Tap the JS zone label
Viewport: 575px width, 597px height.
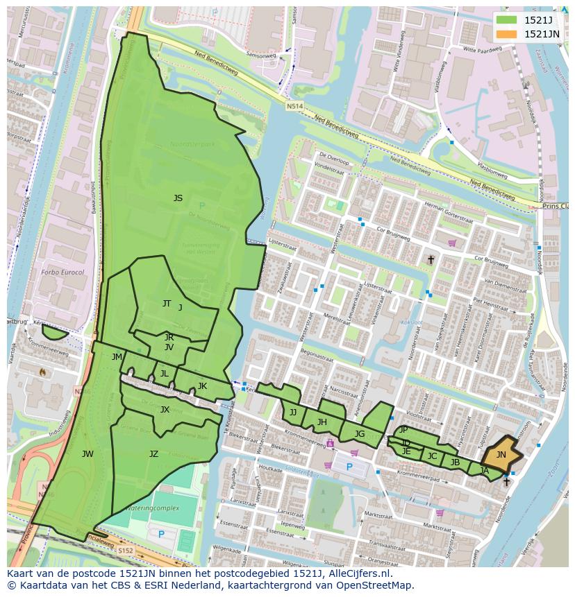[x=178, y=198]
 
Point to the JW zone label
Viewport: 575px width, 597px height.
[x=87, y=454]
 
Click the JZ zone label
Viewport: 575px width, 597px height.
[x=153, y=454]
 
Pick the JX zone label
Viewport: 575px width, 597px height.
[x=165, y=410]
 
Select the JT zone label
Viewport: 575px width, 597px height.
[x=167, y=304]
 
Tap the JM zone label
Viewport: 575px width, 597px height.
[x=117, y=357]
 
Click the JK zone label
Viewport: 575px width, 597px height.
[x=202, y=386]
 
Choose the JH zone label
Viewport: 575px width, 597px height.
[x=322, y=422]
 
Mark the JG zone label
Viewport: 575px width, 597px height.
[x=359, y=434]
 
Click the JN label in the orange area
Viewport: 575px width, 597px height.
[x=501, y=454]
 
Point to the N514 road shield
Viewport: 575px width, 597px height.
[x=294, y=106]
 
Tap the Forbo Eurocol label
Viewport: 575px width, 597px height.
[x=62, y=272]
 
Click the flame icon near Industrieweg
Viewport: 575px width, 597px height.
[x=43, y=372]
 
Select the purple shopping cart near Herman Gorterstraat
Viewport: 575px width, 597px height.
[x=452, y=243]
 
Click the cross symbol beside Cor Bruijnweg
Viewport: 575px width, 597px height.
[x=431, y=260]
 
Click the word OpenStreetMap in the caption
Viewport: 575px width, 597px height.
[x=376, y=585]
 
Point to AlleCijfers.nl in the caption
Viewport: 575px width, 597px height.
[x=358, y=573]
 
